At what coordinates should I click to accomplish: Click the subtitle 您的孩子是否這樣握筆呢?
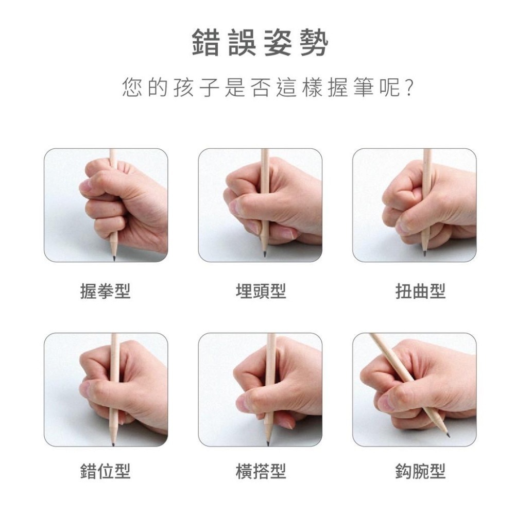[268, 88]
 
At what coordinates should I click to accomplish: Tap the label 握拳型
[105, 291]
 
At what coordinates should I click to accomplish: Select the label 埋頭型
[260, 291]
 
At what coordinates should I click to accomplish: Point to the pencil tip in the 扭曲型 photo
[424, 253]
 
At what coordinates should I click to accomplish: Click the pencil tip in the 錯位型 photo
[113, 442]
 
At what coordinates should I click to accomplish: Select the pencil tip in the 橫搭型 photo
[268, 442]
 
